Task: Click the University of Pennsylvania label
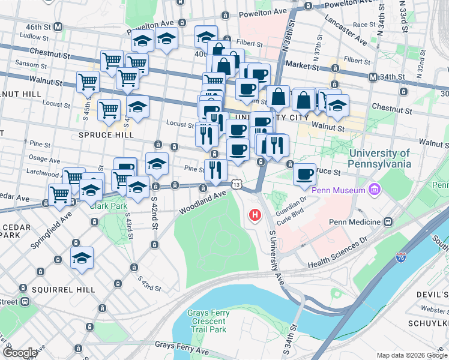[381, 158]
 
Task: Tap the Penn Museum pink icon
[376, 190]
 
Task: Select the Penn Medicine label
[354, 222]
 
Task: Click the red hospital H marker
[256, 214]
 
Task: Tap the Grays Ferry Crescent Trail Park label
[207, 321]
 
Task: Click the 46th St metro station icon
[58, 27]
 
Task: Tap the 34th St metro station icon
[373, 77]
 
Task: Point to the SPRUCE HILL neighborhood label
[104, 136]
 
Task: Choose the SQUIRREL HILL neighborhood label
[64, 290]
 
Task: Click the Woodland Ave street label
[203, 202]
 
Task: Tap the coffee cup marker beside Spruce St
[305, 173]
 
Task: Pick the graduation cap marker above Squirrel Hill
[82, 259]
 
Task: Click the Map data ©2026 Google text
[412, 355]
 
